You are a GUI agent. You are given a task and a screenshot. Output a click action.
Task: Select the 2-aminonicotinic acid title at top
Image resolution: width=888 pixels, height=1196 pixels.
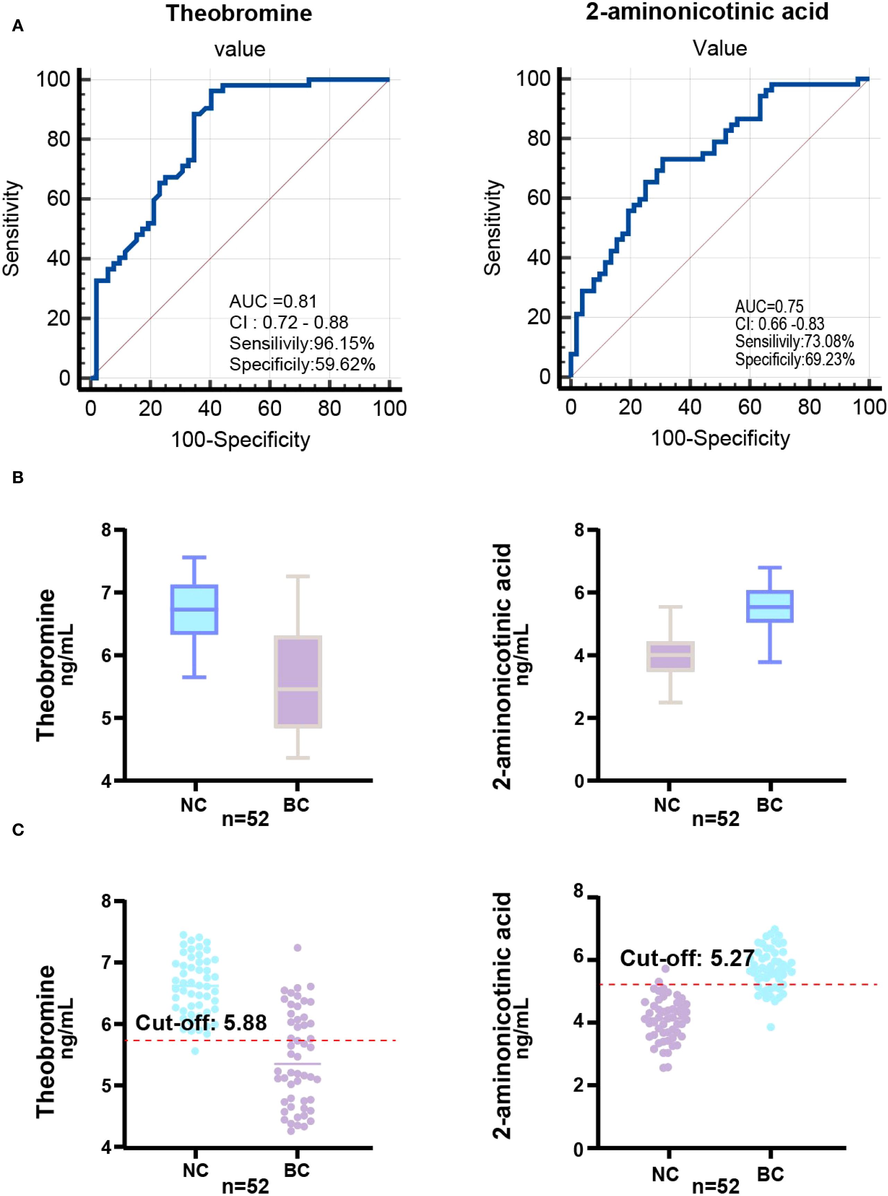coord(707,11)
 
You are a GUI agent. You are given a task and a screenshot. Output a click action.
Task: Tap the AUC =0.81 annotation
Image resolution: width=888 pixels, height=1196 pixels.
coord(273,301)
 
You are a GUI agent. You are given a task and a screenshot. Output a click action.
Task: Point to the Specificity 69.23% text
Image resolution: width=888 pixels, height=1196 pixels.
coord(794,360)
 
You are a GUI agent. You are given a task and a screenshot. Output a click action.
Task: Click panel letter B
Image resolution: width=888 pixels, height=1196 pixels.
coord(18,477)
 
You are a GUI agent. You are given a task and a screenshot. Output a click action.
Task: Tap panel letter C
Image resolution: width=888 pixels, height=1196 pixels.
coord(18,830)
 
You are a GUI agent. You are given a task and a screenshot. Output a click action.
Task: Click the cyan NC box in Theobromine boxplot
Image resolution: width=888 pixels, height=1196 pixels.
coord(194,609)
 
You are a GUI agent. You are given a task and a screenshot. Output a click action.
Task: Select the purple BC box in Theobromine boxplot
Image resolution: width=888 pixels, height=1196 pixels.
coord(298,681)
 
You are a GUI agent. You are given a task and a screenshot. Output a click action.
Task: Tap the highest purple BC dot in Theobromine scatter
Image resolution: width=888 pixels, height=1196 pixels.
coord(298,948)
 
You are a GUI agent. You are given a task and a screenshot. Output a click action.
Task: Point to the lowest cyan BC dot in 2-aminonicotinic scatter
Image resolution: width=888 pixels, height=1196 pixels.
coord(771,1027)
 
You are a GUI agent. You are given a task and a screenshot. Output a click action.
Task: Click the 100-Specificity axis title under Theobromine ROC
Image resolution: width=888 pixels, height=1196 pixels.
coord(240,440)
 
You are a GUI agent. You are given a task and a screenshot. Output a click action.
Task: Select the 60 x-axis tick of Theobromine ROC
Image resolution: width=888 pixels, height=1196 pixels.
coord(269,409)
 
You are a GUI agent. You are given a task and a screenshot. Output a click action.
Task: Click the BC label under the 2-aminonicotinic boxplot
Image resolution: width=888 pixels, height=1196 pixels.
coord(770,805)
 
